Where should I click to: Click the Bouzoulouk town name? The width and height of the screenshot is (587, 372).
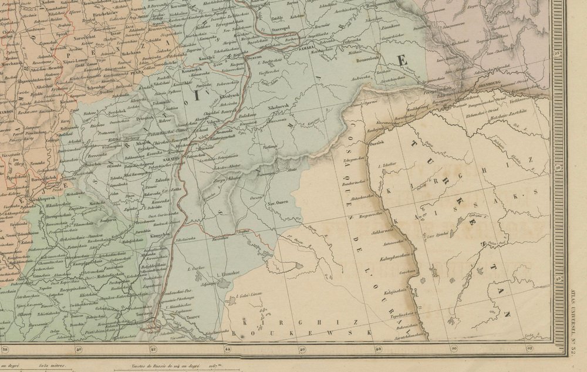coord(369,59)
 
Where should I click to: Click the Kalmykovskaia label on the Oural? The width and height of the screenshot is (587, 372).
coord(393,258)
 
